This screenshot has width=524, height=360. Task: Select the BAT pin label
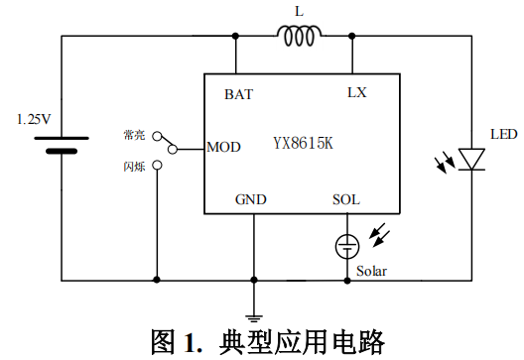coord(238,95)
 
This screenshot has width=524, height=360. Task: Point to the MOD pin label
coord(223,149)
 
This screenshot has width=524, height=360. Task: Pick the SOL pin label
coord(345,199)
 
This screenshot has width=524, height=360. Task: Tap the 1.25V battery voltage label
coord(34,119)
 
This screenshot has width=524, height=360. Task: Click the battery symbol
coord(63,144)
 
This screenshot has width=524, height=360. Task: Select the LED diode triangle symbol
coord(471,159)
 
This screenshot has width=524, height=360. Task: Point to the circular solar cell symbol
coord(346,243)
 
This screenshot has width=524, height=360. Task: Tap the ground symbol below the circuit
coord(255,304)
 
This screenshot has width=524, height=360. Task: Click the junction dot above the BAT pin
coord(238,38)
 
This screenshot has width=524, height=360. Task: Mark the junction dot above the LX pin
coord(351,38)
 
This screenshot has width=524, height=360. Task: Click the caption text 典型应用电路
coord(295,341)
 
